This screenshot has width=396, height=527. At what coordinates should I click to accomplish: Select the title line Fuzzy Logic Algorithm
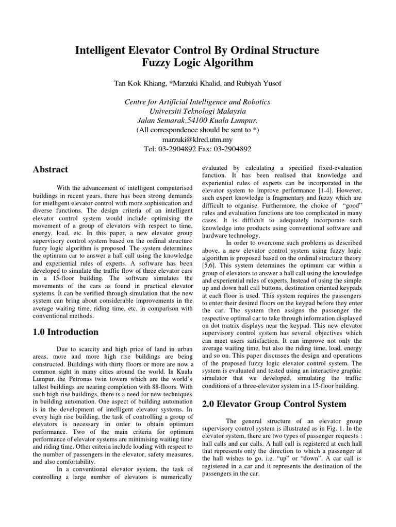click(197, 63)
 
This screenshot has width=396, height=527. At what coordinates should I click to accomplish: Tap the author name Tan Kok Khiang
click(138, 84)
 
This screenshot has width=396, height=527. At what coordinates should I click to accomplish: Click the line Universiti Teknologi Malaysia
click(197, 111)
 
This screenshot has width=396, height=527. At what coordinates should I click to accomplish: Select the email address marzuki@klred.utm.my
click(197, 139)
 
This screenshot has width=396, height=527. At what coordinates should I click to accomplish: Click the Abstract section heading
click(51, 169)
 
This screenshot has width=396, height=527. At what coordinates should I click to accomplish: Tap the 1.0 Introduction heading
click(65, 332)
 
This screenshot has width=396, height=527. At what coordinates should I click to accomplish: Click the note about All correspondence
click(197, 130)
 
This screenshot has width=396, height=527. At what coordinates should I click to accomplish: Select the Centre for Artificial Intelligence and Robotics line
click(197, 102)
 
